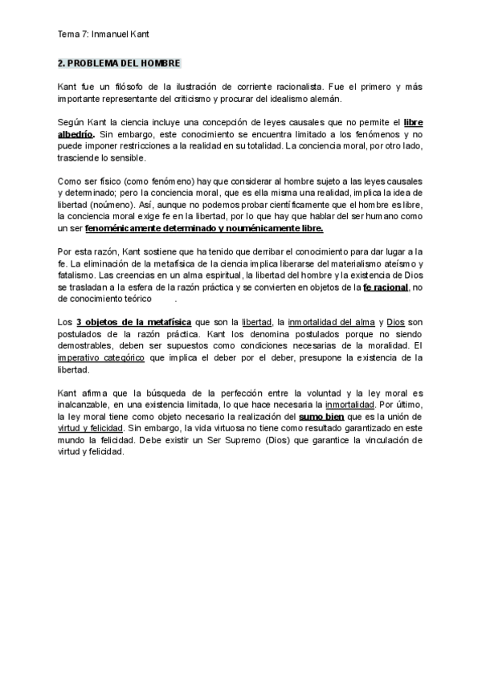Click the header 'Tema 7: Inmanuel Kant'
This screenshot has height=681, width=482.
coord(104,35)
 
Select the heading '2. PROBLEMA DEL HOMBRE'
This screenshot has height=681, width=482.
coord(120,63)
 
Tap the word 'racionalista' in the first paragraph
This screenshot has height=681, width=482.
coord(300,86)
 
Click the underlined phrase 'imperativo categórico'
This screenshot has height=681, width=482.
coord(101,359)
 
